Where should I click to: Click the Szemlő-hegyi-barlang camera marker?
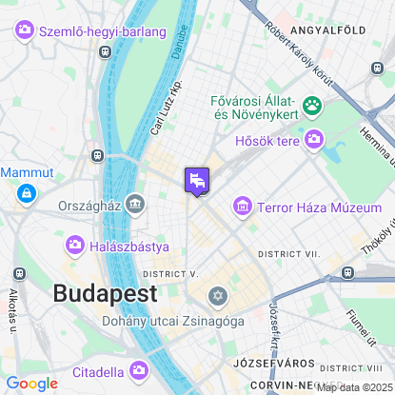25,31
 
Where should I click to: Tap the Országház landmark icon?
135,203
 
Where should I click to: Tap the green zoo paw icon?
311,105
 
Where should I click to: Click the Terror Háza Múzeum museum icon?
243,206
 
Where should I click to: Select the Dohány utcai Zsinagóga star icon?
218,297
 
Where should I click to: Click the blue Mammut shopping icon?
25,194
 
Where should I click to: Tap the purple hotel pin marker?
197,180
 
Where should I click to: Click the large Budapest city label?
105,294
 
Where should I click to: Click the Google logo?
31,383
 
